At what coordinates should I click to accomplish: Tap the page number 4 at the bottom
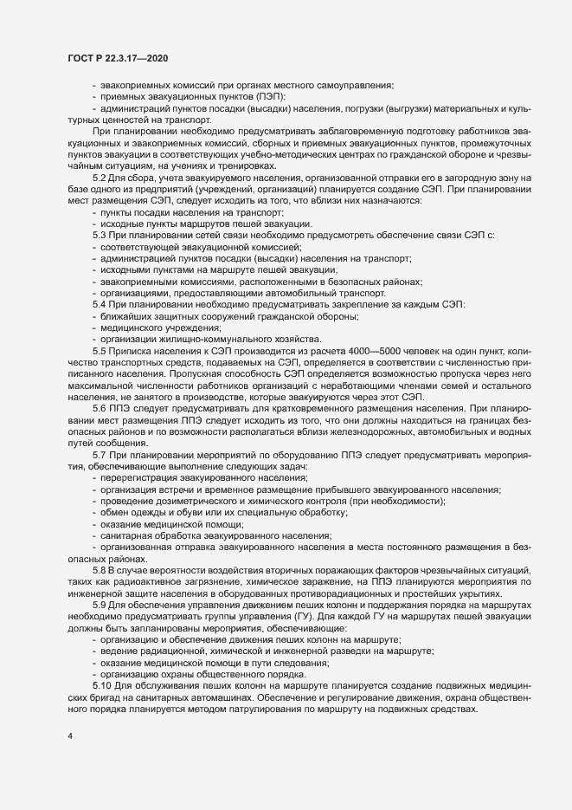tap(70, 736)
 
